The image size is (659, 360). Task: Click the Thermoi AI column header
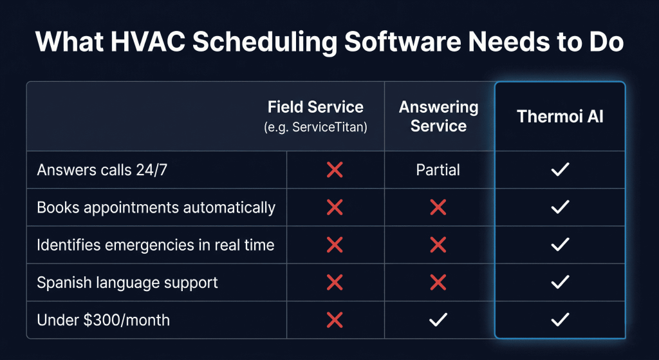click(x=560, y=117)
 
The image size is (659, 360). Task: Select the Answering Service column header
click(x=438, y=117)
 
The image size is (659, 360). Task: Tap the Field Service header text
click(x=315, y=108)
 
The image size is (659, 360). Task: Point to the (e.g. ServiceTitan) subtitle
click(x=315, y=127)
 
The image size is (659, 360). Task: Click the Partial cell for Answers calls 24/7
click(x=438, y=170)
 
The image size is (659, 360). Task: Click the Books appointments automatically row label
click(x=156, y=207)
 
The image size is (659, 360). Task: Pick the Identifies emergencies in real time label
click(x=155, y=245)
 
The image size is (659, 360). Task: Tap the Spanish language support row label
click(x=127, y=282)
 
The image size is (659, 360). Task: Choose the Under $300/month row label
click(x=103, y=319)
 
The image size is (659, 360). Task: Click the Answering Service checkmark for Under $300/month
click(x=438, y=319)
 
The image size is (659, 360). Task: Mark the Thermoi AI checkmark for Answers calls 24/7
click(x=560, y=170)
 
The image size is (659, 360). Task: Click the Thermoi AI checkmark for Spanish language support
click(x=560, y=282)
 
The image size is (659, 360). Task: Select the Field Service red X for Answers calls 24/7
click(x=335, y=170)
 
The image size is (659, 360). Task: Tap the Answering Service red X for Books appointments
click(x=438, y=207)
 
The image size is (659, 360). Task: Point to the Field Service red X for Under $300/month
click(x=335, y=319)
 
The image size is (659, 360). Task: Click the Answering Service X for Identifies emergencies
click(x=438, y=245)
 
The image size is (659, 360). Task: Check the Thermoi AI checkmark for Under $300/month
click(x=560, y=319)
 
